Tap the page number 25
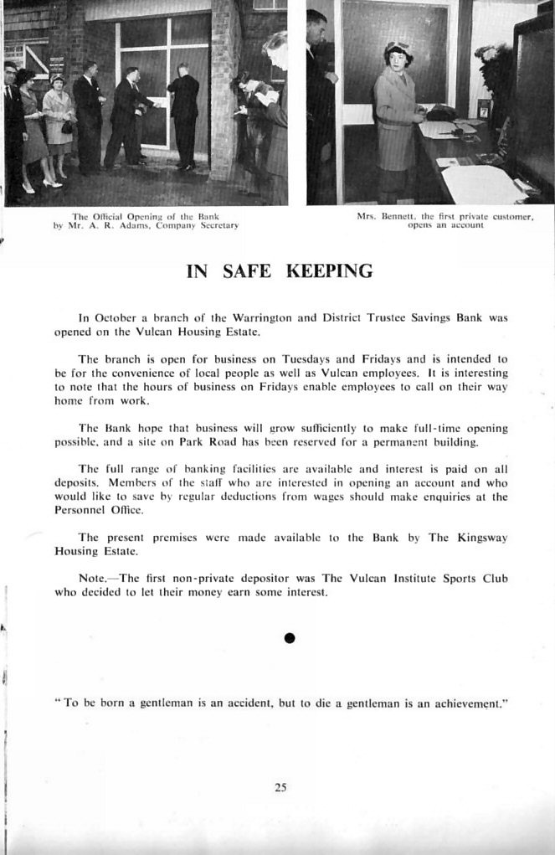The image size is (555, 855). point(280,786)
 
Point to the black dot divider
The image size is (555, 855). point(290,638)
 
